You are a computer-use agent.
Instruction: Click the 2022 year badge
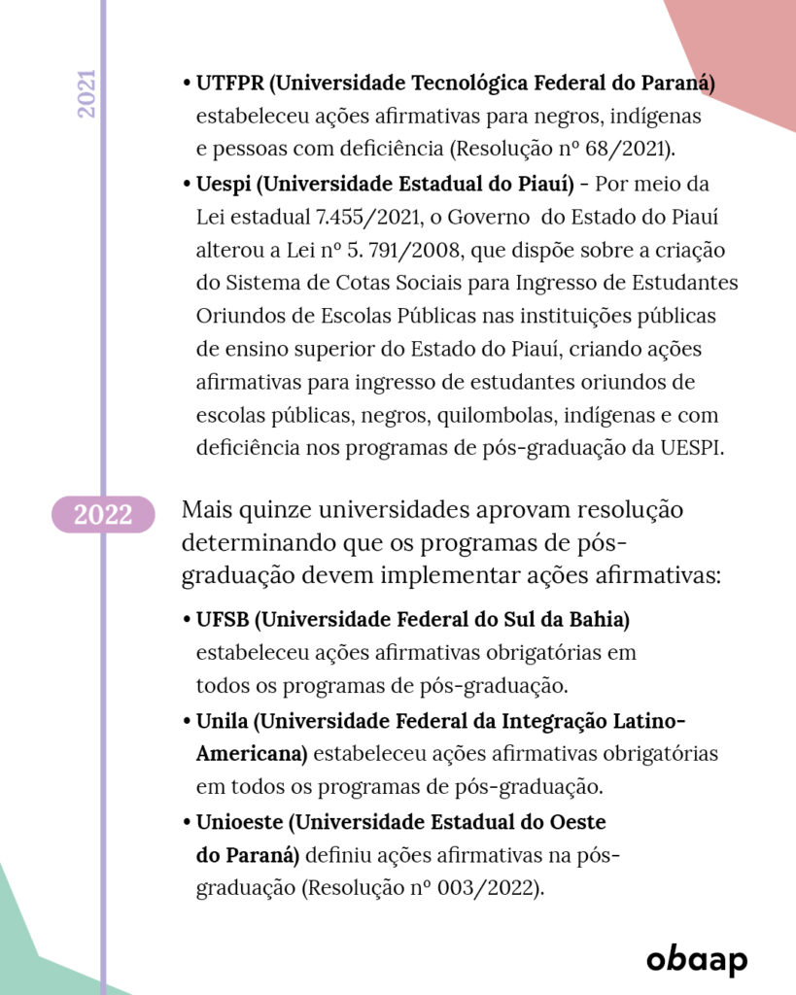click(x=102, y=514)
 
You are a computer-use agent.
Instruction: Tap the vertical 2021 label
click(x=87, y=94)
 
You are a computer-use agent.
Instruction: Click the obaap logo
click(x=697, y=959)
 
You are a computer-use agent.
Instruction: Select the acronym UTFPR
click(x=229, y=84)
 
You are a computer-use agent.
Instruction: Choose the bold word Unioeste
click(x=238, y=821)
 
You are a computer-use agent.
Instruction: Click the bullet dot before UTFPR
click(x=187, y=85)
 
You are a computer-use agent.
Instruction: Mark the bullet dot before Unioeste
click(x=187, y=822)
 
